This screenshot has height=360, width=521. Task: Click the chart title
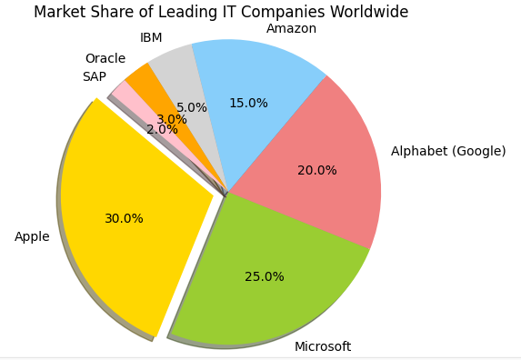point(221,13)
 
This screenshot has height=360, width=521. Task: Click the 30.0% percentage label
point(124,219)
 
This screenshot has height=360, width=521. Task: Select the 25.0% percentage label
point(264,277)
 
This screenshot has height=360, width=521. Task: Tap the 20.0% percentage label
point(316,171)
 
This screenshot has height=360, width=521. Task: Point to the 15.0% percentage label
point(248,104)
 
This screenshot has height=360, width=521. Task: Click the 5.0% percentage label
point(192,108)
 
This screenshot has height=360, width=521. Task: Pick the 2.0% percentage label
point(162,130)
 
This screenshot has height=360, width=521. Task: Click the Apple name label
point(32,237)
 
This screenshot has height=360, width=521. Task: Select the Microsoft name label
point(322,347)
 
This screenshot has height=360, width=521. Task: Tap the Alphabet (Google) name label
point(448,152)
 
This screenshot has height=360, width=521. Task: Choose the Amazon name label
point(291,29)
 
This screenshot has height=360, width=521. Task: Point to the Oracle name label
point(105,59)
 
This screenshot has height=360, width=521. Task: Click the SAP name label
point(94,77)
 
